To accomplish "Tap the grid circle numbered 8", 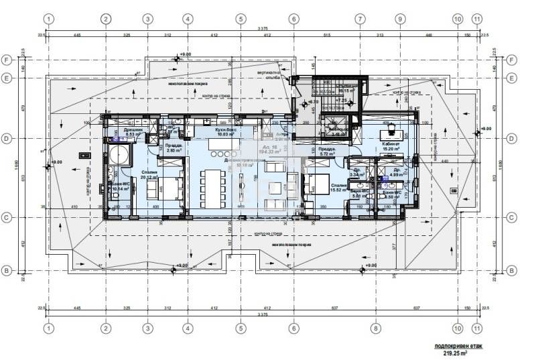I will coord(375,328).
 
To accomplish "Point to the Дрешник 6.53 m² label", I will coord(121,132).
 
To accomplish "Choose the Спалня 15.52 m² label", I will coord(338,188).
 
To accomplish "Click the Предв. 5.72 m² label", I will coord(327,152).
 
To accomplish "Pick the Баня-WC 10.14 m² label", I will coord(121,187).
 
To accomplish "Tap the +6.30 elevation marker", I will coord(312,103).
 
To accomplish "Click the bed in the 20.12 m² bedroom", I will coord(171,188).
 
